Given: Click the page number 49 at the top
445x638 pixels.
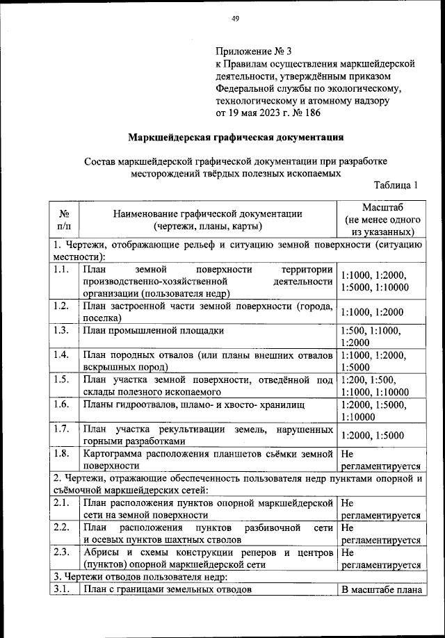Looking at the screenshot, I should coord(235,19).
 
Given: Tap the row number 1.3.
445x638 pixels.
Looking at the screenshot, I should coord(62,330).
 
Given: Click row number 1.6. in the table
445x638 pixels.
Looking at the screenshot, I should coord(62,404).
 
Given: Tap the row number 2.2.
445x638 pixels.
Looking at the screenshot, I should coord(62,527).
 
